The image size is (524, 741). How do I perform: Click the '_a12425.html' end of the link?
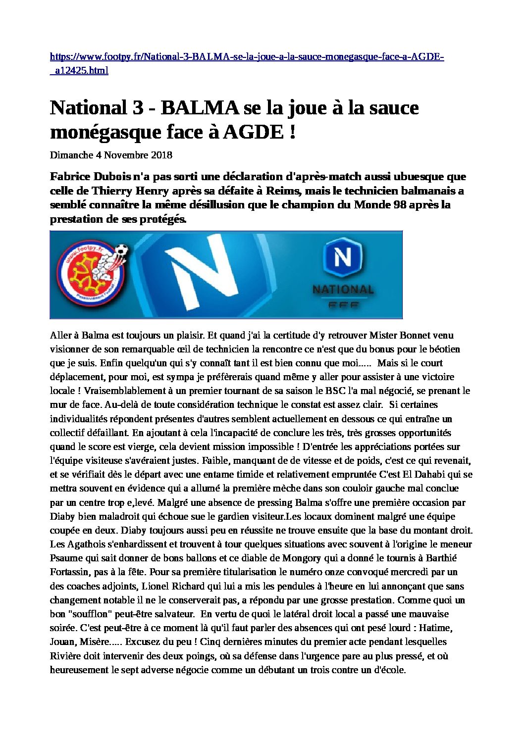click(x=79, y=71)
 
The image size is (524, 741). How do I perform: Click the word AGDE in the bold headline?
click(x=253, y=132)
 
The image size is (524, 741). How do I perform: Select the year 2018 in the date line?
click(x=161, y=155)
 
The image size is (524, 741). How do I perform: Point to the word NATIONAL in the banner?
click(x=343, y=290)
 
